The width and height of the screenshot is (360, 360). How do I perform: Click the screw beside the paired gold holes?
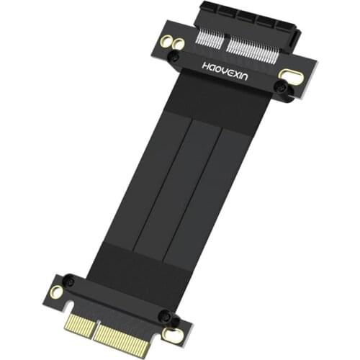[x=173, y=55]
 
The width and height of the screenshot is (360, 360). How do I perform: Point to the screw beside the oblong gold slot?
[x=281, y=87]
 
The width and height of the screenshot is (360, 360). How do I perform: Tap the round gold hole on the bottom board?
[x=55, y=292]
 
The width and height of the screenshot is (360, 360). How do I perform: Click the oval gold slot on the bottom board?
[x=172, y=333]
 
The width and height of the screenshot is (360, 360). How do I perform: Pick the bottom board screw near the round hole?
[x=68, y=282]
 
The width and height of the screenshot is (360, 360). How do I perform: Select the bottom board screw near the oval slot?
[x=163, y=317]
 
